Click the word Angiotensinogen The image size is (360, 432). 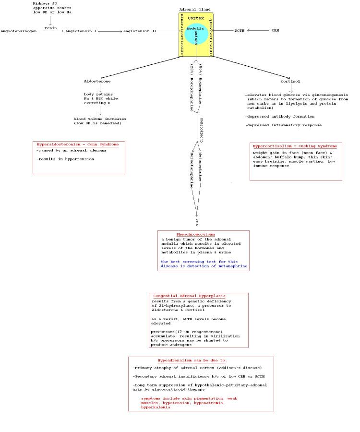(x=19, y=31)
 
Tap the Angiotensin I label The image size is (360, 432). (x=82, y=31)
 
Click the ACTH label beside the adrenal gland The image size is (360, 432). (x=240, y=31)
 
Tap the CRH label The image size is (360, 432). (x=275, y=31)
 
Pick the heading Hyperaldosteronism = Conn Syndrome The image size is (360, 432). (x=78, y=144)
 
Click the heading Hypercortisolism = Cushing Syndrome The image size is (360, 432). (x=295, y=146)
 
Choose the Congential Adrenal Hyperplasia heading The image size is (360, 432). (x=189, y=296)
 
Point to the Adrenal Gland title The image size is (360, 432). (x=194, y=10)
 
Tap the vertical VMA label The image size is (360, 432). (x=197, y=221)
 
